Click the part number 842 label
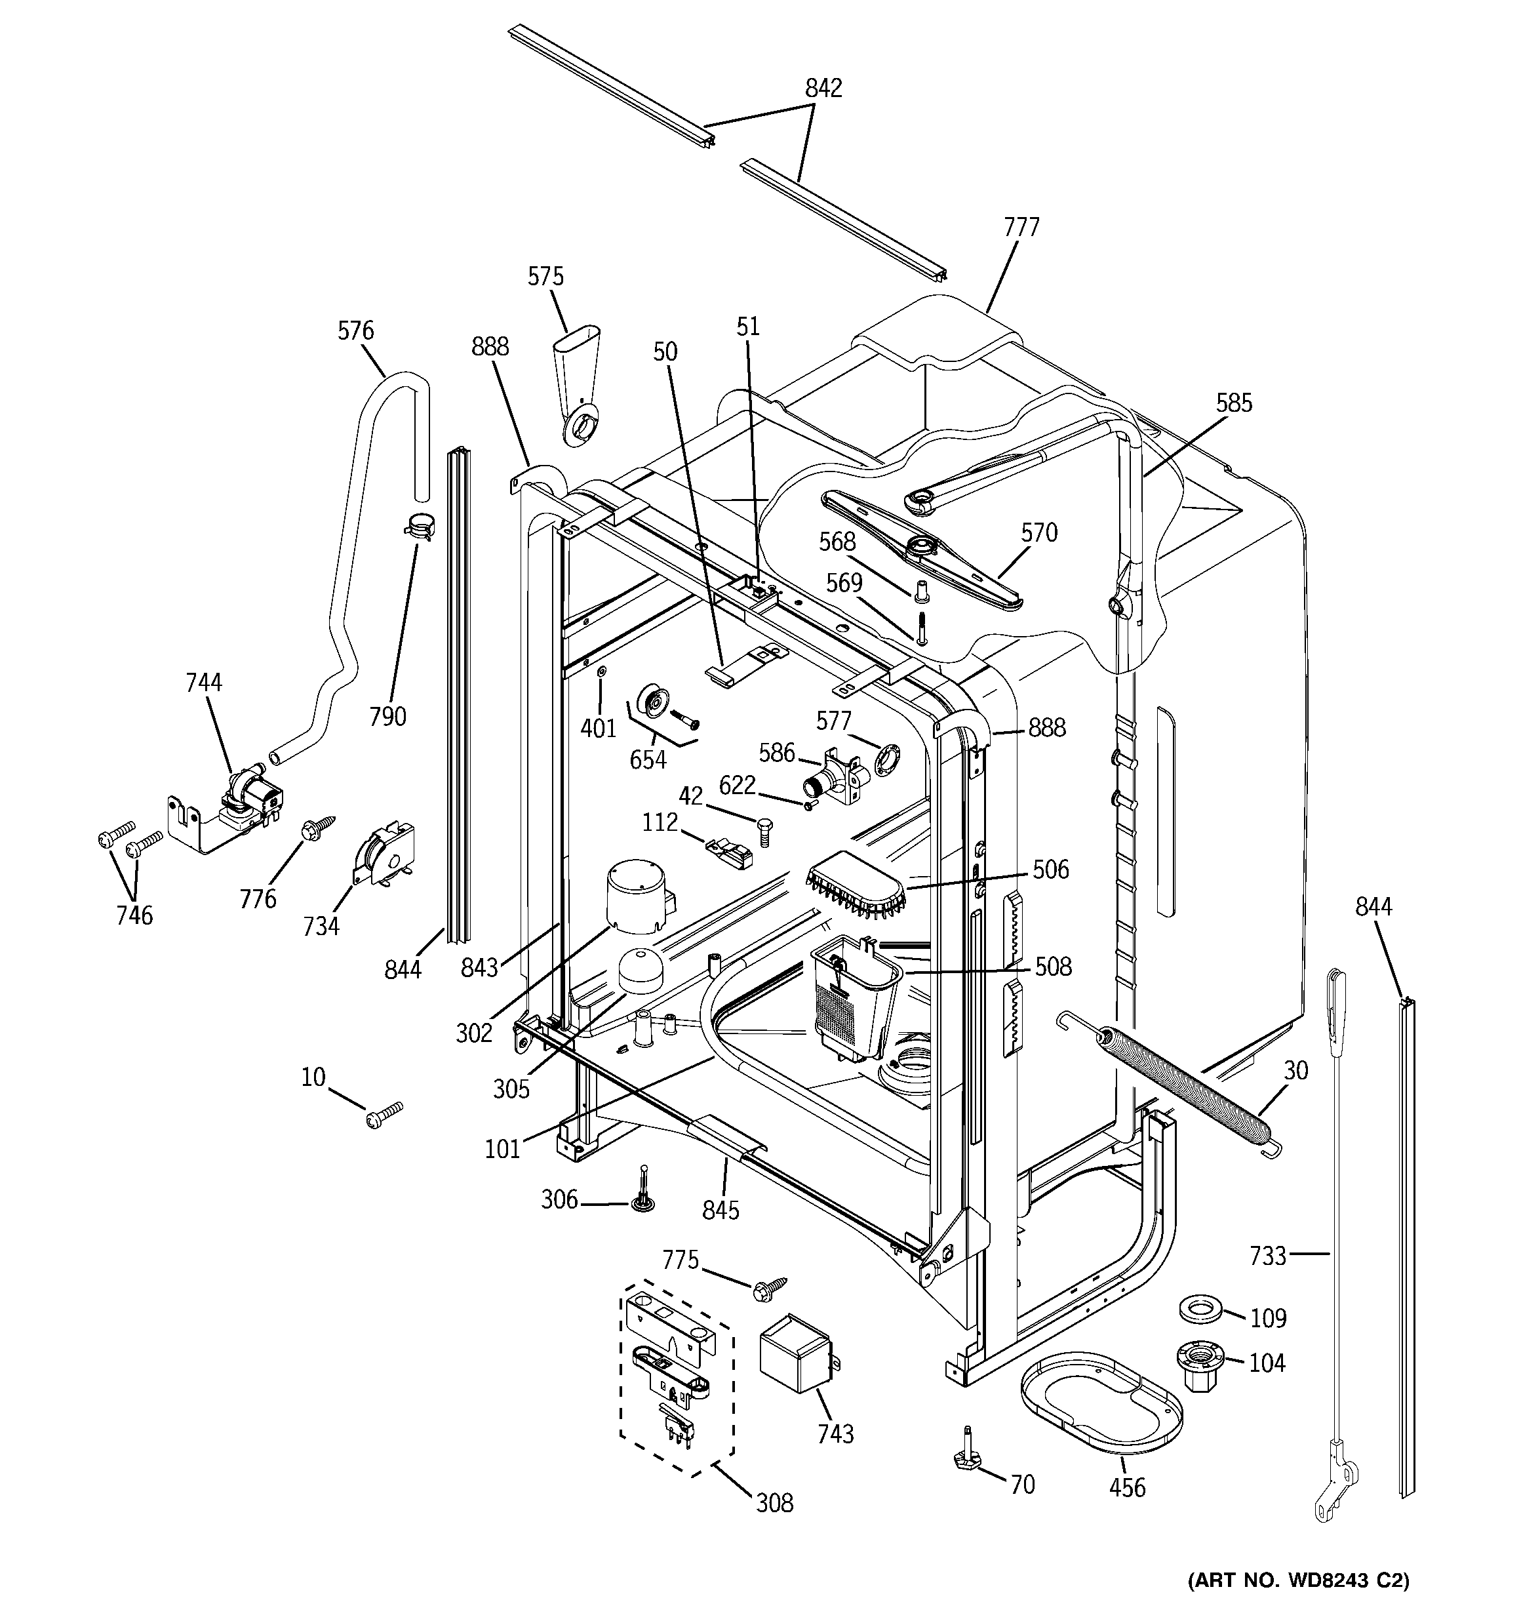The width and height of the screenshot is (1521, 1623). pos(823,88)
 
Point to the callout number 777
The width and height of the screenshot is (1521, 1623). pos(1021,227)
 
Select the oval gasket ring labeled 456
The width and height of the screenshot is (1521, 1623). pos(1102,1401)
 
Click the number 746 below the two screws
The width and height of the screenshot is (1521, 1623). pos(134,915)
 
